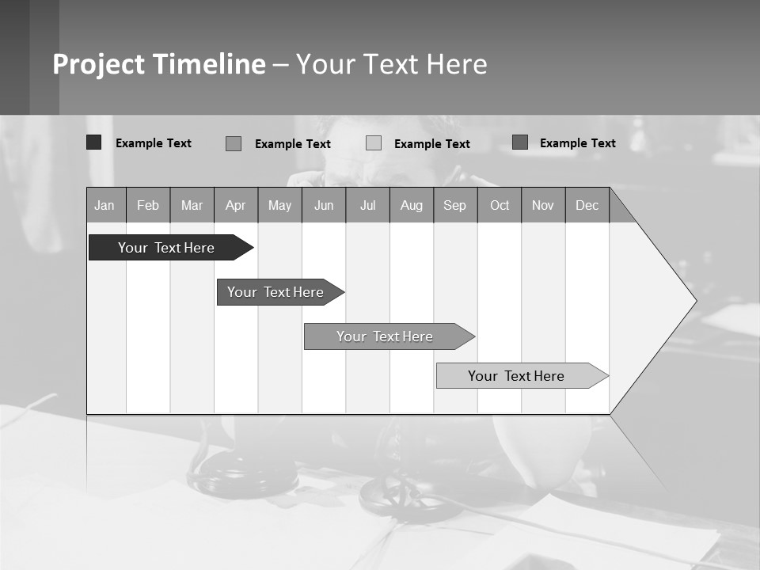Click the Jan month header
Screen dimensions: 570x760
tap(105, 205)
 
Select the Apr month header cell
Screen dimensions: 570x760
tap(236, 205)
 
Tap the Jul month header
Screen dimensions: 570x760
tap(367, 205)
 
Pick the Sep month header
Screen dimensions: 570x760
tap(455, 205)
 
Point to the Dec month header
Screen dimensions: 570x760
tap(587, 205)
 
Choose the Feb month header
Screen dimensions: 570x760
tap(148, 205)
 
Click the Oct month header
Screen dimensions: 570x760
tap(500, 205)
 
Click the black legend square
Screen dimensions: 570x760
tap(94, 142)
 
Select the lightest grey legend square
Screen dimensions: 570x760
tap(374, 143)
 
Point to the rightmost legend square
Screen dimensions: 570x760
tap(520, 142)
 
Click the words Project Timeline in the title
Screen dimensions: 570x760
tap(159, 64)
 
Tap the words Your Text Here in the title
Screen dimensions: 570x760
tap(392, 64)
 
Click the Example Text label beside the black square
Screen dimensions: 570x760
tap(154, 143)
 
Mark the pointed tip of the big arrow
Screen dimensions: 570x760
tap(695, 301)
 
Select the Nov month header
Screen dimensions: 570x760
tap(543, 205)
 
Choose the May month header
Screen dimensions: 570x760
tap(279, 205)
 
